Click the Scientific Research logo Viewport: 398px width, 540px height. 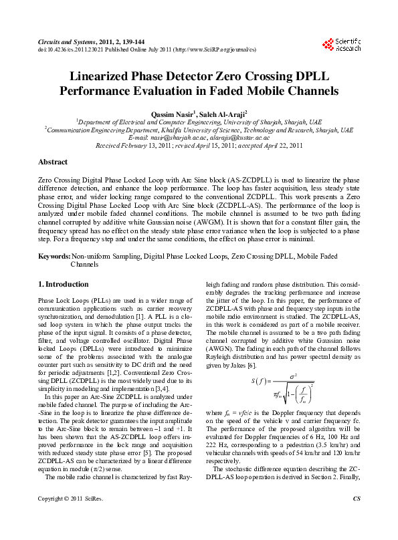coord(341,45)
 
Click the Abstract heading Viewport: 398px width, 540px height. coord(53,162)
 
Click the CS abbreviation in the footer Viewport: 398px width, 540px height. coord(356,517)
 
